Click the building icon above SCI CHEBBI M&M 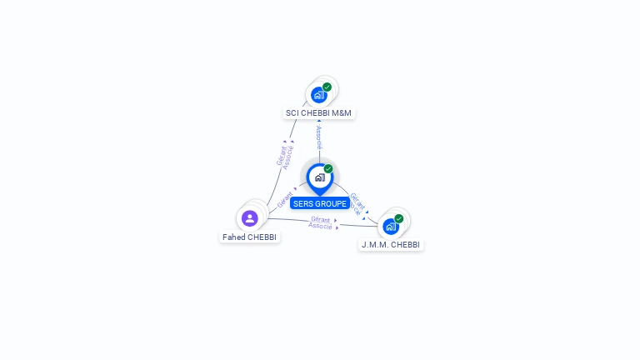318,95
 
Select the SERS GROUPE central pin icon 319,177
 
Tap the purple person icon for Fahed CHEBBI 249,218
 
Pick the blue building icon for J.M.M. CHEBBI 390,226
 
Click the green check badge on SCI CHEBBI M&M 327,87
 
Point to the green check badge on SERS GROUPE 328,169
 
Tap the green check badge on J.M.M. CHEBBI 399,218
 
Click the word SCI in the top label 292,113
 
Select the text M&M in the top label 342,113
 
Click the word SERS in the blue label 302,204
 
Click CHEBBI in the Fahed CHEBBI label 262,237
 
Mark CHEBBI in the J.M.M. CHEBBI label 406,245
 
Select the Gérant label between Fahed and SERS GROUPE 285,201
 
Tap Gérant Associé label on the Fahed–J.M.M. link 321,222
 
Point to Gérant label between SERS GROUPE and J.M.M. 357,201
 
